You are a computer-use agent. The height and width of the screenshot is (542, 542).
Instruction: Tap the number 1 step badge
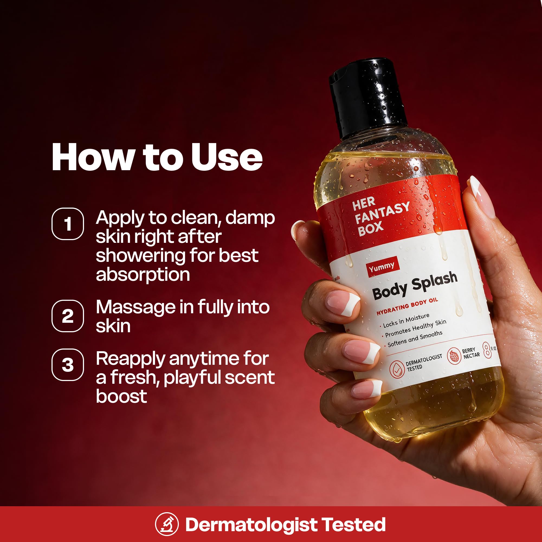pos(67,224)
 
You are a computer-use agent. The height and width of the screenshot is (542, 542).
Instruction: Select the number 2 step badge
pos(67,316)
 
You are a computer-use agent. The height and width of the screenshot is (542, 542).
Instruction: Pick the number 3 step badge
pos(67,365)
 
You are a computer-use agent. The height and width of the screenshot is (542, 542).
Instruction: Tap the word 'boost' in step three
pos(121,396)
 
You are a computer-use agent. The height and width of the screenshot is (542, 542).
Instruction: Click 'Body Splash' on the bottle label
pos(415,285)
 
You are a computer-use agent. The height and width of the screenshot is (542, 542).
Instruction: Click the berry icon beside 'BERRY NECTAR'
pos(454,356)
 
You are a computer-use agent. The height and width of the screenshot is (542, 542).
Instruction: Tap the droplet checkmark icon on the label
pos(397,369)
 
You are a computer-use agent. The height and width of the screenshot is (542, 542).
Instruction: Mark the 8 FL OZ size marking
pos(489,350)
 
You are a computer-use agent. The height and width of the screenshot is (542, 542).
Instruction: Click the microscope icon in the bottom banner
pos(167,524)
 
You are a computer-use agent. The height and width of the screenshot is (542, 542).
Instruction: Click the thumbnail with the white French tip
pos(482,197)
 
